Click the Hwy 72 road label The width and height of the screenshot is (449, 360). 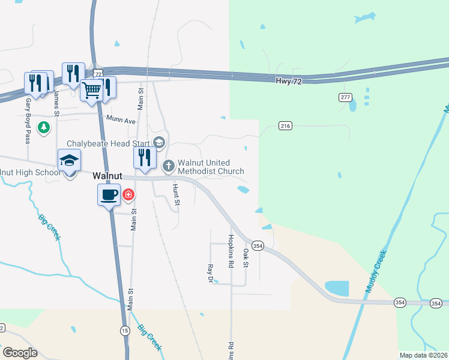click(288, 81)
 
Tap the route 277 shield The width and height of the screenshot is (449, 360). click(345, 97)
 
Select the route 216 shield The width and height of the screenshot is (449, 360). click(285, 125)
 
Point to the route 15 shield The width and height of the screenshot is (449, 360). click(125, 331)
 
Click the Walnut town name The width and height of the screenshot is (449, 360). click(107, 176)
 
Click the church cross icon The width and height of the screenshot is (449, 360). click(169, 164)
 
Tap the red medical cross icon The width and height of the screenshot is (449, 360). click(128, 195)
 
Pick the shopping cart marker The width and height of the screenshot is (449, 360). click(92, 91)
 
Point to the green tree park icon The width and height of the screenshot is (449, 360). click(43, 127)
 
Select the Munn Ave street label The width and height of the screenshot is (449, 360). click(121, 121)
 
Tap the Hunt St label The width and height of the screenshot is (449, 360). click(176, 194)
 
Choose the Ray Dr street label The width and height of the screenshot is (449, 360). click(210, 273)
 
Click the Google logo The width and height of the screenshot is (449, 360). click(20, 353)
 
